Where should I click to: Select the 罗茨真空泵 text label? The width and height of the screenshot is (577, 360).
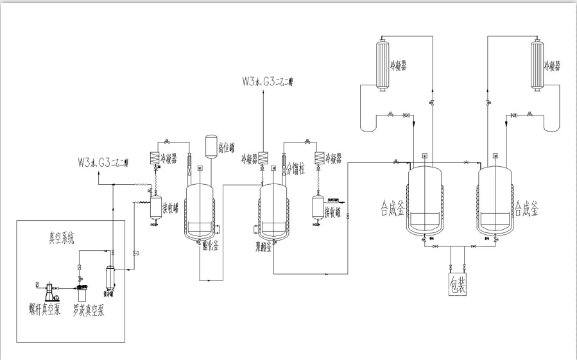(89, 311)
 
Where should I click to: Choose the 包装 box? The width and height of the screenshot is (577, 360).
(457, 284)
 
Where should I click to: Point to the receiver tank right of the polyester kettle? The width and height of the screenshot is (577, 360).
(317, 207)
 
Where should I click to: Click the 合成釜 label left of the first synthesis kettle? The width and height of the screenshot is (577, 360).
(392, 209)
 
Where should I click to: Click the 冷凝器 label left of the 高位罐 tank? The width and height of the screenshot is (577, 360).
(168, 159)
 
